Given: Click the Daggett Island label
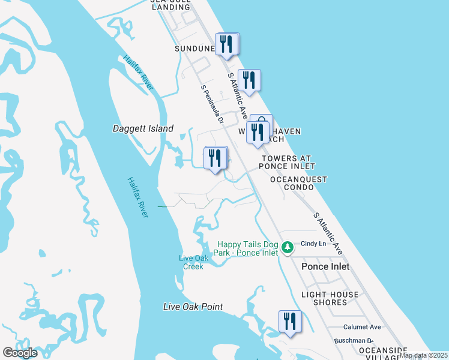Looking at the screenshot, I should point(143,128).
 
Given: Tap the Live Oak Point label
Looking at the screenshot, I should point(193,307).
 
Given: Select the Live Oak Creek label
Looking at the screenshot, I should point(191,262).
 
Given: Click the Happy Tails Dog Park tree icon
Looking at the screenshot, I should point(288,247).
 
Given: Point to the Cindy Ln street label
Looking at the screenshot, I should point(313,244).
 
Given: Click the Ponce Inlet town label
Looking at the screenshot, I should point(325,266).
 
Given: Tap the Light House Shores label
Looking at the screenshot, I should point(330,298).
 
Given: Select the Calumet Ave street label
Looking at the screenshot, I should point(362,327).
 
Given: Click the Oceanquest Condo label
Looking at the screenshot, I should point(299,183).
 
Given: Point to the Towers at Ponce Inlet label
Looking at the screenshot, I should point(288,162).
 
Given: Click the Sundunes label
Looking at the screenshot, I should point(194,48).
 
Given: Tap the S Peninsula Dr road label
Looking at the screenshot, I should point(212,105).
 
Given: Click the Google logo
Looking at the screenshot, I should point(20,353).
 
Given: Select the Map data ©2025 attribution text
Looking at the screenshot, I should point(424,355).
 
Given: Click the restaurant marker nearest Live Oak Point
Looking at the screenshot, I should point(289,321).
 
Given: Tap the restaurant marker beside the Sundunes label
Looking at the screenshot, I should point(226,44).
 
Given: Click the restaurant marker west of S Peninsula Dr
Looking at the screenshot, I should point(215,158).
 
